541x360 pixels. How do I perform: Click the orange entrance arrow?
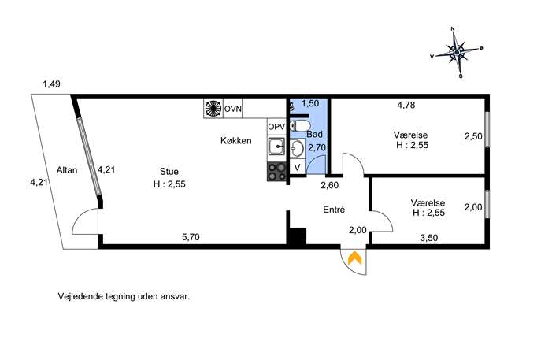(x=354, y=258)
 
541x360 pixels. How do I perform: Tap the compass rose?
(x=457, y=53)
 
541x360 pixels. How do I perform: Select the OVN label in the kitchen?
(x=233, y=109)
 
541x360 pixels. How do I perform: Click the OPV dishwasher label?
(x=276, y=127)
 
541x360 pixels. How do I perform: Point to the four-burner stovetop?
(x=276, y=172)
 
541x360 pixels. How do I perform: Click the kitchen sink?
(x=276, y=147)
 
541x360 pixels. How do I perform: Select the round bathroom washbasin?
(x=296, y=149)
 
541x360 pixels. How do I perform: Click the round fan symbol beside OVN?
(x=213, y=109)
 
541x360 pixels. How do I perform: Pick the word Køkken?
(x=236, y=141)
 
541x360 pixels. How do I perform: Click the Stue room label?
(x=169, y=172)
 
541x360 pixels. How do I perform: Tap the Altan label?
(x=67, y=170)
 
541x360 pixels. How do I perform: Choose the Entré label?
(x=334, y=210)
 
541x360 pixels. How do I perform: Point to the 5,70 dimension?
(x=191, y=237)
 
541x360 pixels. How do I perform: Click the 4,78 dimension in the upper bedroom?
(x=406, y=105)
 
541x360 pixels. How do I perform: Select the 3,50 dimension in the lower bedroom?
(x=429, y=237)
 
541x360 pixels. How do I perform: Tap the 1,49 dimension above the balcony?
(x=51, y=84)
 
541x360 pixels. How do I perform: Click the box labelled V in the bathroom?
(x=297, y=168)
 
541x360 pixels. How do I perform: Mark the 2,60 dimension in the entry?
(x=329, y=185)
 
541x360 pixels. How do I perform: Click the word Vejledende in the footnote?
(x=75, y=296)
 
